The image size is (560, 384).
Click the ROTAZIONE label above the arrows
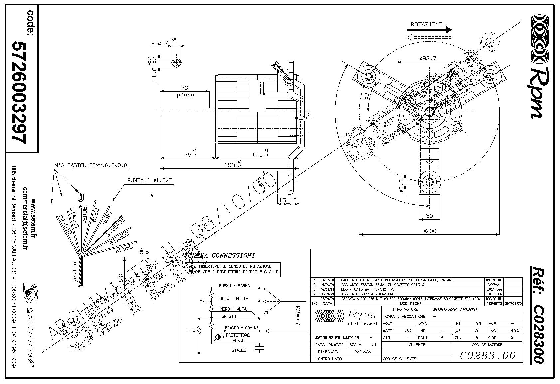tap(426, 24)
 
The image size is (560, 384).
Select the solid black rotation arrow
tap(429, 30)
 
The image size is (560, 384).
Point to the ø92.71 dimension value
tap(429, 58)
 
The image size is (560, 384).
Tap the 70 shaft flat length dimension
tap(184, 88)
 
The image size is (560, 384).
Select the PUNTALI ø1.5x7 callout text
tap(150, 180)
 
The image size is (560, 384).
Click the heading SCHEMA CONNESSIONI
tap(219, 256)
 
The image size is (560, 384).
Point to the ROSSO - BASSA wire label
tap(234, 286)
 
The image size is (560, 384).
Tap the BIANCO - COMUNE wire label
tap(242, 328)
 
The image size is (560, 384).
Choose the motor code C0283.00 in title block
tap(487, 356)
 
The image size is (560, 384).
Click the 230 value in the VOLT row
tap(423, 323)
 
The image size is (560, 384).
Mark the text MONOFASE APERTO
tap(455, 309)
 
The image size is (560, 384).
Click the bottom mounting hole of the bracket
tap(430, 182)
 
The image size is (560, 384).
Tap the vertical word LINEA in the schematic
tap(298, 315)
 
